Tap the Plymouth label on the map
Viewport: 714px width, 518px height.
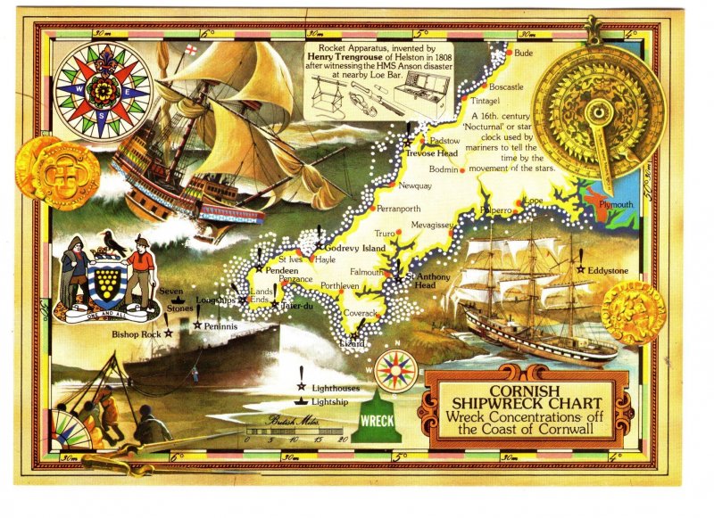[615, 205]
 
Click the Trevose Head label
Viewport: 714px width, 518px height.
[432, 153]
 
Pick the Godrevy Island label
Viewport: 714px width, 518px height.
[355, 247]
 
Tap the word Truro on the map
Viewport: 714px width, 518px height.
[385, 233]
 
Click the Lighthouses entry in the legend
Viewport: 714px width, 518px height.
[336, 389]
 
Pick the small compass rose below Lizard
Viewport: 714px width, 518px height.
[395, 370]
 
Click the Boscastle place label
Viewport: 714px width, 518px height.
[506, 87]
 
